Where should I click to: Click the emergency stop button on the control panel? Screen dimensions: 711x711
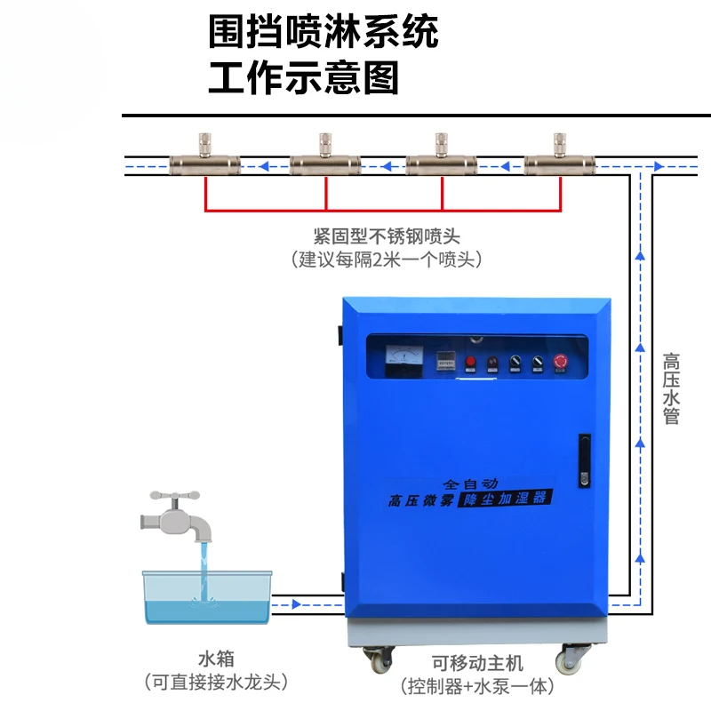[x=561, y=362]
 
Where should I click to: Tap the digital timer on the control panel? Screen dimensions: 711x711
[x=445, y=362]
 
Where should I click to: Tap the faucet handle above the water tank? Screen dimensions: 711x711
[x=175, y=496]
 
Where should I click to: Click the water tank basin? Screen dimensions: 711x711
[x=208, y=597]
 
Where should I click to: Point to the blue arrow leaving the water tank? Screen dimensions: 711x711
[x=297, y=604]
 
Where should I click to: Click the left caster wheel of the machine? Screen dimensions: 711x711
[x=379, y=659]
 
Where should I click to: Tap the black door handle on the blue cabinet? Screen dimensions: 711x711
[x=585, y=460]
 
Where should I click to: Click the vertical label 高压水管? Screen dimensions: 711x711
[x=671, y=388]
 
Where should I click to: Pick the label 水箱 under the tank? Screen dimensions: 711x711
[x=216, y=659]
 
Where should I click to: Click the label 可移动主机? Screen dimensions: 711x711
[x=477, y=663]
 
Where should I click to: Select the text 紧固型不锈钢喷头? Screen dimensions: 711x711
[x=387, y=236]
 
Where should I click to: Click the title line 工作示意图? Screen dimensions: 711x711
[x=303, y=78]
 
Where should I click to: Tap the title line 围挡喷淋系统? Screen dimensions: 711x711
[x=324, y=31]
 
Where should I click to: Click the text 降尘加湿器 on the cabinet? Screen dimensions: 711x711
[x=505, y=499]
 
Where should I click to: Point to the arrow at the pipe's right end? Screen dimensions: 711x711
[x=659, y=166]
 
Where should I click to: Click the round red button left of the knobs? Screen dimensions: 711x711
[x=471, y=362]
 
